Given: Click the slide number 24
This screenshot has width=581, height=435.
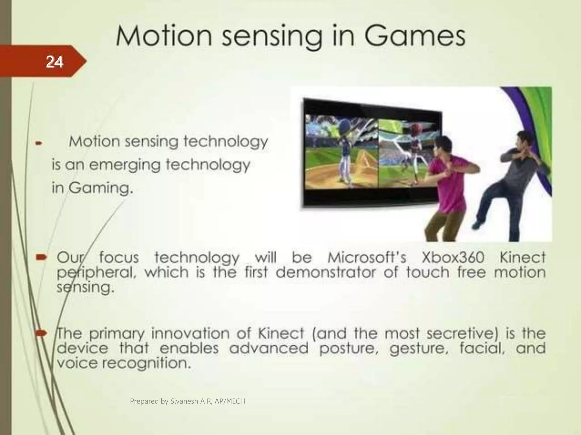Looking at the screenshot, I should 54,62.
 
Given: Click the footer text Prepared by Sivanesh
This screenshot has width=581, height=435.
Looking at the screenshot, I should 187,401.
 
